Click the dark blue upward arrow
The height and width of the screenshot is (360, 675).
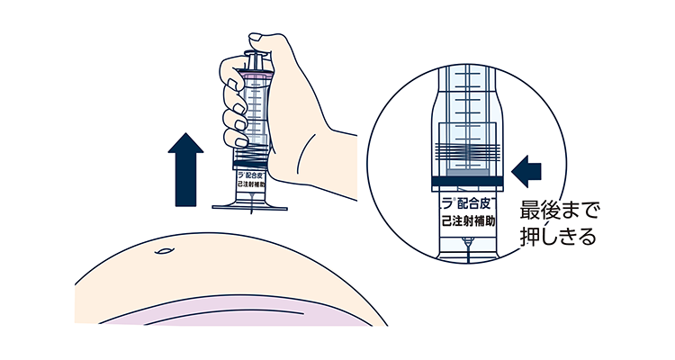[187, 171]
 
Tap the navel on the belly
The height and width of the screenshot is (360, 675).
[163, 252]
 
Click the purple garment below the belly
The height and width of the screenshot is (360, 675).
[225, 310]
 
